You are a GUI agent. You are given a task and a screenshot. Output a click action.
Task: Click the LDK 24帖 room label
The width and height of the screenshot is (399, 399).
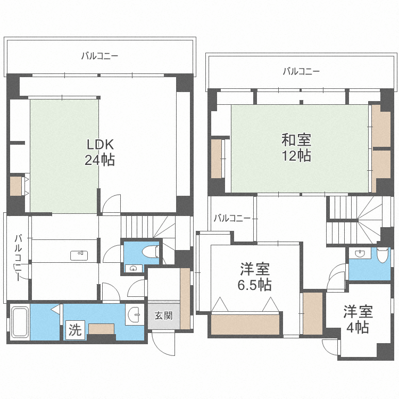point(99,152)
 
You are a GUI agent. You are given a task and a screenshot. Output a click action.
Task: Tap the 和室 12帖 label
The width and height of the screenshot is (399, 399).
point(296,148)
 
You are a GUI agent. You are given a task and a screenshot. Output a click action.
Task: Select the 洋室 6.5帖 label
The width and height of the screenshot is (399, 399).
point(254,277)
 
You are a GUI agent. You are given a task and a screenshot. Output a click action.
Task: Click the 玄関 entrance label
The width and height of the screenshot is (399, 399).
point(163,315)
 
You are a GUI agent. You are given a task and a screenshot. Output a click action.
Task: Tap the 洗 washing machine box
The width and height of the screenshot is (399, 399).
point(75,330)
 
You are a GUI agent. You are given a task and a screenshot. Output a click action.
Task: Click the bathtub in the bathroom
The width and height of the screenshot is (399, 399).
point(20,322)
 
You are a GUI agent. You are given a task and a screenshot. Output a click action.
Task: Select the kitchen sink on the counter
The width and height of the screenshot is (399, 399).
point(79,255)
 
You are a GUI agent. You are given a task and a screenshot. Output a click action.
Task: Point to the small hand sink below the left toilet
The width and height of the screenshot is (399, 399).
point(132,268)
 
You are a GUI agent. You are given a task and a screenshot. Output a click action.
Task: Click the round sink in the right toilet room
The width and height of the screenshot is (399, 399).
point(359,254)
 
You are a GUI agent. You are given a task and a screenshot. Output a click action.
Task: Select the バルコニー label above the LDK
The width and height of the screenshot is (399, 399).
point(99,55)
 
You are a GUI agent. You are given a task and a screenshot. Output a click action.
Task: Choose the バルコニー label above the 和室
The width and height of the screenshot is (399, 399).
point(301,71)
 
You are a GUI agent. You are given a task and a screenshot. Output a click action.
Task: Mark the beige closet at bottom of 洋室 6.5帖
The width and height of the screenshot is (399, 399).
point(245,324)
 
